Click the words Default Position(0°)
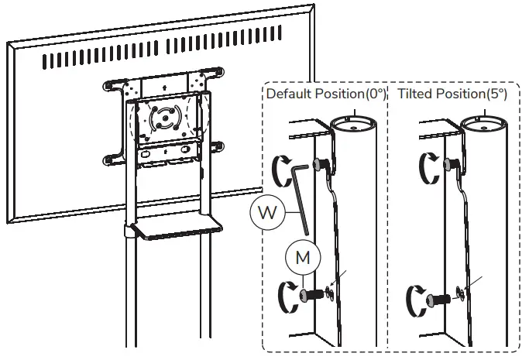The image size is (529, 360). point(325,94)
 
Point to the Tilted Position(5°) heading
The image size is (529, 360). point(452,94)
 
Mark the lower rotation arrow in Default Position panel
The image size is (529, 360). point(284,296)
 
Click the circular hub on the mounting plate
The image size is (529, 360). point(165,120)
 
